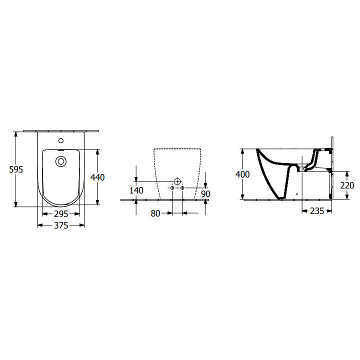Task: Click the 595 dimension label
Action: (16, 169)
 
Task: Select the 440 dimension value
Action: (98, 176)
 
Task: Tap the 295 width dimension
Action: (60, 214)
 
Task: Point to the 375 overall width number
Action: (60, 225)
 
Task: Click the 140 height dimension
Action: (136, 190)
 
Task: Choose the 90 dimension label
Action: (205, 193)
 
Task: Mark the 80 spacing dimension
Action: (155, 213)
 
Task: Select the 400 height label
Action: (243, 174)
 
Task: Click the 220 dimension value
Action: (346, 185)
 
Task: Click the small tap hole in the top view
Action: (61, 140)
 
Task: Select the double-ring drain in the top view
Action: (61, 161)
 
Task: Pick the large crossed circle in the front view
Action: (177, 181)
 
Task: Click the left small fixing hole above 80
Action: (172, 188)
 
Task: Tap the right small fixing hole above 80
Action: (182, 188)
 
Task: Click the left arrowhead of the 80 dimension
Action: (169, 213)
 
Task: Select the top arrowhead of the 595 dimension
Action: (16, 134)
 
